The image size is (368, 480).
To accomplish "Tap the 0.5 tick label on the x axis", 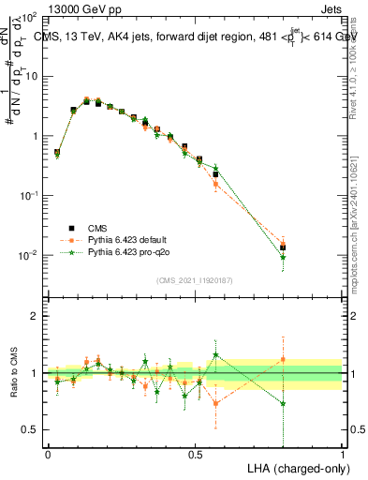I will coord(195,453).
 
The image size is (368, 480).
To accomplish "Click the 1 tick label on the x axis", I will coord(343,453).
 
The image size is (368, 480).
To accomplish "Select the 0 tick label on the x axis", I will coord(48,453).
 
